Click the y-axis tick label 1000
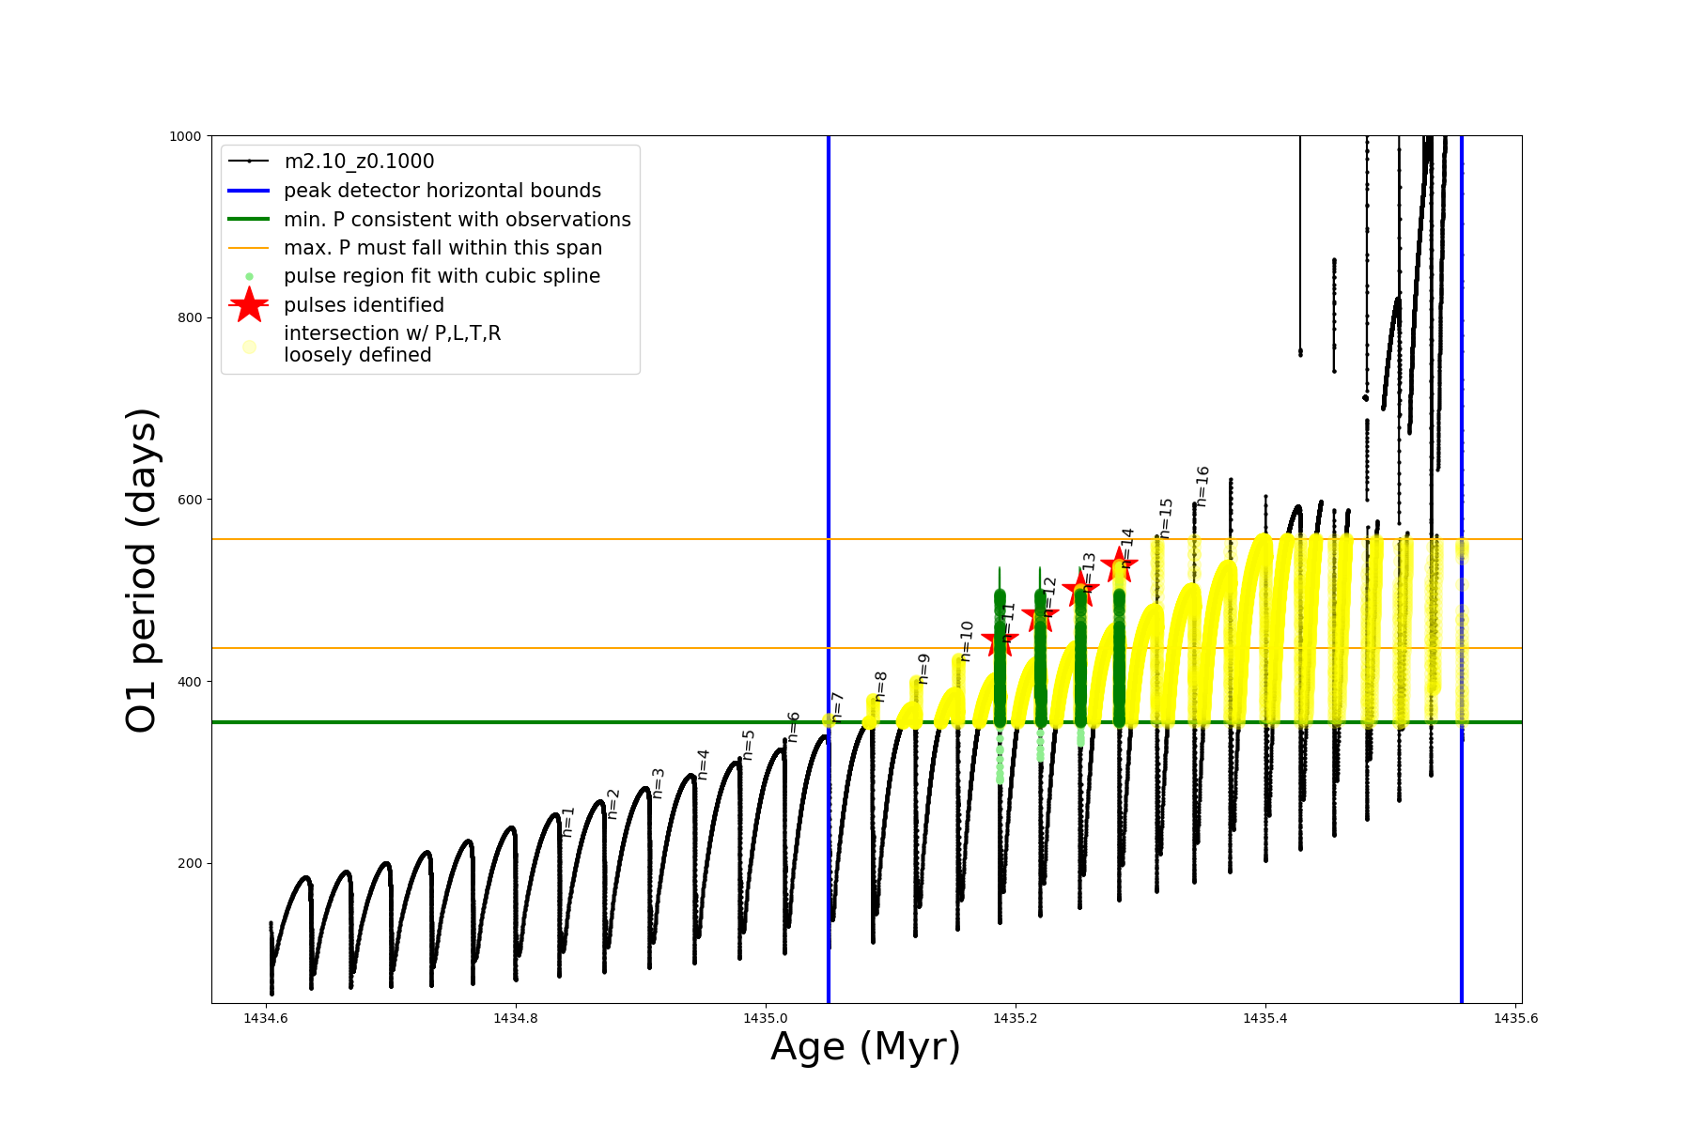(x=185, y=136)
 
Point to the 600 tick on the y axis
(x=190, y=500)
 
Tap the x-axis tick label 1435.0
(x=765, y=1018)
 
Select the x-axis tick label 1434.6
(x=266, y=1018)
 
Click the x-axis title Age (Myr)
(x=865, y=1046)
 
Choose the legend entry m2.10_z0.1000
(x=359, y=162)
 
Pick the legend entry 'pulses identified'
(x=364, y=305)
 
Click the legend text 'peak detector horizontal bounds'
(x=442, y=191)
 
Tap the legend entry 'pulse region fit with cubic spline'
(x=442, y=276)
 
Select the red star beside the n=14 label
(x=1119, y=564)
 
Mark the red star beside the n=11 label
(x=1000, y=641)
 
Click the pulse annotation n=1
(x=567, y=822)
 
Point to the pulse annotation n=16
(x=1202, y=486)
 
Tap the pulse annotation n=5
(x=749, y=745)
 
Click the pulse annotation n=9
(x=923, y=669)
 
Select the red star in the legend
(x=249, y=305)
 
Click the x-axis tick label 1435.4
(x=1264, y=1018)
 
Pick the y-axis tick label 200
(x=190, y=863)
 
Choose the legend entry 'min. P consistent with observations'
(x=457, y=220)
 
